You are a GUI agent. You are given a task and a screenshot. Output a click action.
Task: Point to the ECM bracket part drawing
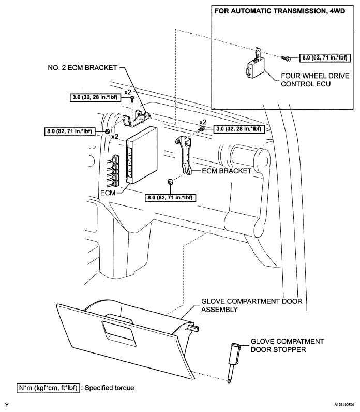tap(184, 153)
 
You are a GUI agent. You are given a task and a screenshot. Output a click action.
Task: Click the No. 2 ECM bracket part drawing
tap(138, 115)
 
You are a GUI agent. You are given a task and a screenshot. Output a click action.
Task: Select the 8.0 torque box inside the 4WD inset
tap(321, 58)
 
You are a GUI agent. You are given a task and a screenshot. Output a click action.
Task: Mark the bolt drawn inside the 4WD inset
tap(285, 58)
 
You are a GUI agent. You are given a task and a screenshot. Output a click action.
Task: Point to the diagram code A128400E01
tap(339, 404)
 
